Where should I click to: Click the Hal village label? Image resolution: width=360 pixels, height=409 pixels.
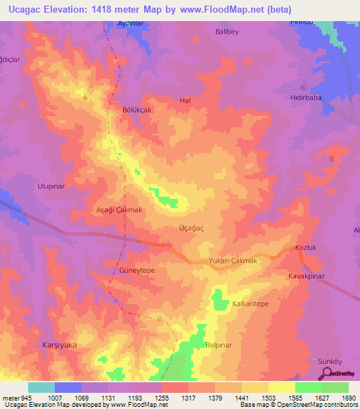point(186,100)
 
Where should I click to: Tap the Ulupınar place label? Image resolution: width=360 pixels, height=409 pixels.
point(50,186)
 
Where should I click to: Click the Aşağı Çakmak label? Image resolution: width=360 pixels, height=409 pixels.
point(119,209)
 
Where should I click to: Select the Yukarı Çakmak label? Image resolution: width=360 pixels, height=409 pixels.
point(234,261)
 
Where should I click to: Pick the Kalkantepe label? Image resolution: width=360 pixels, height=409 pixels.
point(251,304)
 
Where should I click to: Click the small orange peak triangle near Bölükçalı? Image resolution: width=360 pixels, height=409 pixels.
point(85,97)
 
